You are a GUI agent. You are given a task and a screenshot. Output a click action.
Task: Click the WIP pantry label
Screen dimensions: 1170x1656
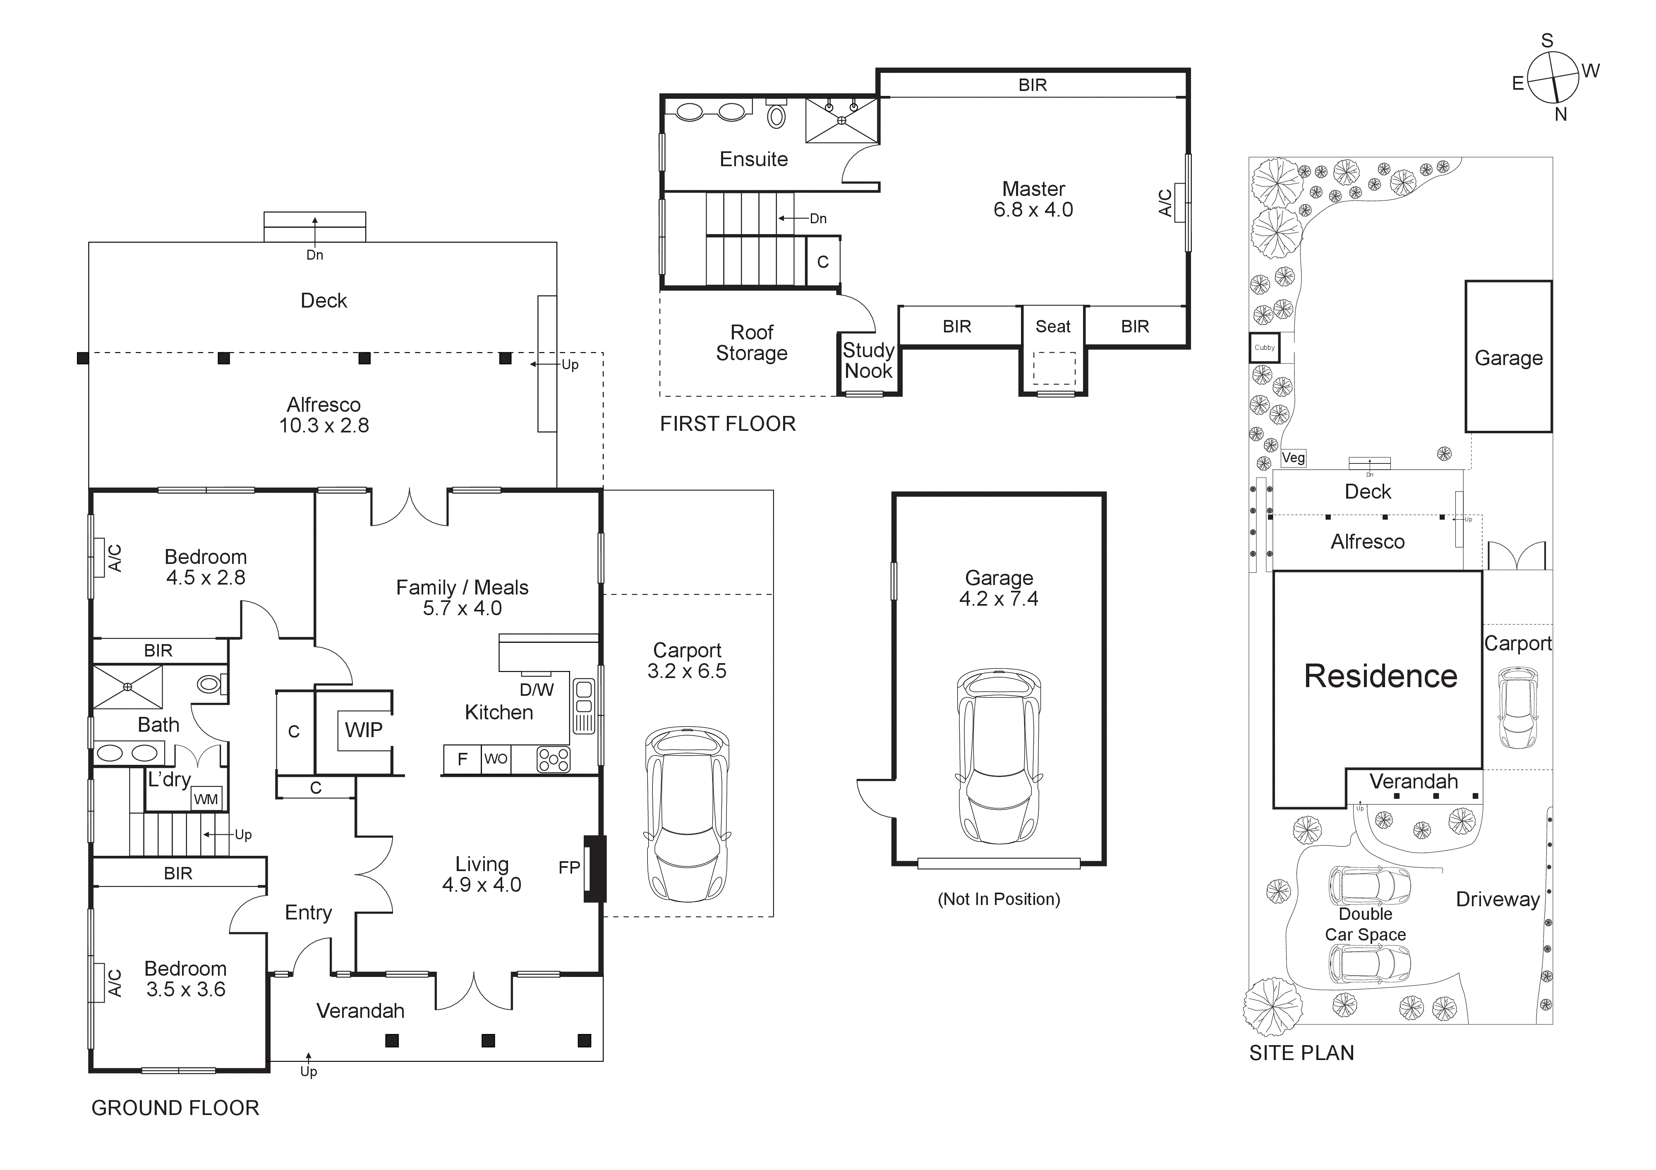coord(364,730)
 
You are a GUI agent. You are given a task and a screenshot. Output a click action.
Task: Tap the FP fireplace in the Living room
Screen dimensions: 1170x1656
coord(594,869)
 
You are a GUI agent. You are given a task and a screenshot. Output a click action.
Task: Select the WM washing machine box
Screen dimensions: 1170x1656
coord(206,799)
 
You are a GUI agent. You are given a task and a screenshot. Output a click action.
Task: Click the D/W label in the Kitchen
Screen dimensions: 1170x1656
coord(537,690)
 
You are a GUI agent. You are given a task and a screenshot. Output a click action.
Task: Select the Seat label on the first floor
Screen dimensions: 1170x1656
coord(1053,327)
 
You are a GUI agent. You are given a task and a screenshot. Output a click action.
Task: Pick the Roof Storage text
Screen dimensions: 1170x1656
coord(752,342)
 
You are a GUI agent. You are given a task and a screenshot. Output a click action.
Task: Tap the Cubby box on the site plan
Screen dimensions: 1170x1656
coord(1264,347)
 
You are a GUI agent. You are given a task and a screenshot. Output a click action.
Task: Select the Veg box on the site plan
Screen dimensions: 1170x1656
coord(1293,458)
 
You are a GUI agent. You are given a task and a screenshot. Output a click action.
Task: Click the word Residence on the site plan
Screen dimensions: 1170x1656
coord(1380,676)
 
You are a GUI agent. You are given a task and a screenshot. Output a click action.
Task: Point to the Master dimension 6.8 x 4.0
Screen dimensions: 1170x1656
coord(1033,210)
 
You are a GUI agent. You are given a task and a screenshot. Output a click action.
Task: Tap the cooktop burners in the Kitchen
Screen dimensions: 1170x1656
coord(553,759)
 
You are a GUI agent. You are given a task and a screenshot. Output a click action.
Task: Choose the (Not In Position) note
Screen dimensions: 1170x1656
coord(999,899)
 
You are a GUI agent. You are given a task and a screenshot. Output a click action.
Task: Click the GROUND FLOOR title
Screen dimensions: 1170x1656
coord(175,1108)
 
